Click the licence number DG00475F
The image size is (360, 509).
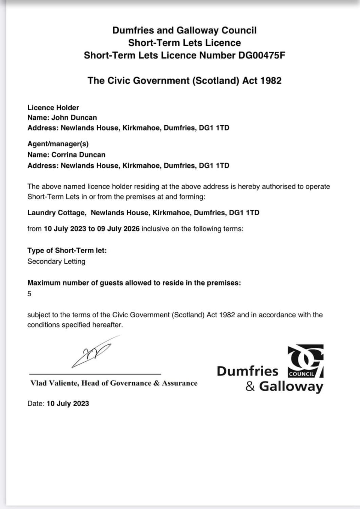[x=261, y=56]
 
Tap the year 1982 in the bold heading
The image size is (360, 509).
[x=271, y=81]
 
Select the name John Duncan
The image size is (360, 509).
[x=74, y=118]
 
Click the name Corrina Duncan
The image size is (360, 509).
[x=78, y=155]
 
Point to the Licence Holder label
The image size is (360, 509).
[x=53, y=108]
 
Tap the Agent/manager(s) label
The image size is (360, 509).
[x=58, y=144]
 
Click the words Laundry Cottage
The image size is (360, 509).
[x=56, y=213]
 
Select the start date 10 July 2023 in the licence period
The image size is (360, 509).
[x=65, y=229]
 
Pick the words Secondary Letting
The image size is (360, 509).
[x=56, y=261]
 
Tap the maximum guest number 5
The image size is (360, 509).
[x=29, y=294]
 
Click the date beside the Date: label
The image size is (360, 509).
[x=68, y=404]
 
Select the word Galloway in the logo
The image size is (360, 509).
[x=291, y=386]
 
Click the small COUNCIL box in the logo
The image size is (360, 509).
[x=301, y=374]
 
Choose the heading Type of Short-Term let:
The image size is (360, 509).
[x=67, y=251]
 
